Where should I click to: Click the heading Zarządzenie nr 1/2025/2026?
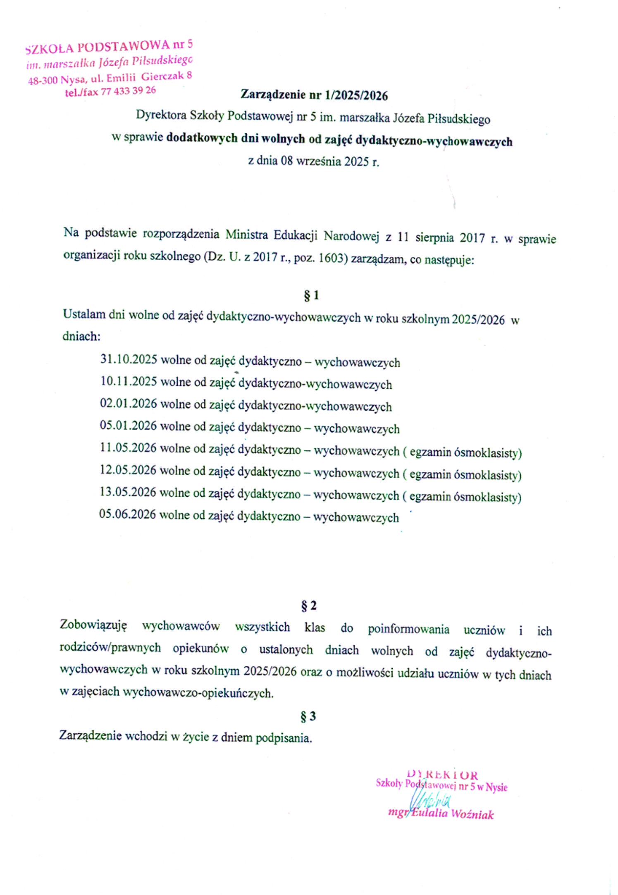pyautogui.click(x=314, y=95)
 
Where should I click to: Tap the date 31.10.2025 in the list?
pyautogui.click(x=129, y=359)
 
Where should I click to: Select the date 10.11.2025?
pyautogui.click(x=129, y=381)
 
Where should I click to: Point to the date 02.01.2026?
pyautogui.click(x=128, y=403)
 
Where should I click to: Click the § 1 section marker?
pyautogui.click(x=311, y=295)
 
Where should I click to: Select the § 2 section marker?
pyautogui.click(x=309, y=606)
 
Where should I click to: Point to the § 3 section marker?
pyautogui.click(x=308, y=716)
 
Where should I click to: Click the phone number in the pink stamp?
pyautogui.click(x=128, y=91)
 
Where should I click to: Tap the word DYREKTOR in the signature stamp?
pyautogui.click(x=442, y=774)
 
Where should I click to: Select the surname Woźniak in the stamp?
pyautogui.click(x=472, y=814)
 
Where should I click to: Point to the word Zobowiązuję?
pyautogui.click(x=93, y=625)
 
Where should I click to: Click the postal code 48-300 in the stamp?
pyautogui.click(x=43, y=80)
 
